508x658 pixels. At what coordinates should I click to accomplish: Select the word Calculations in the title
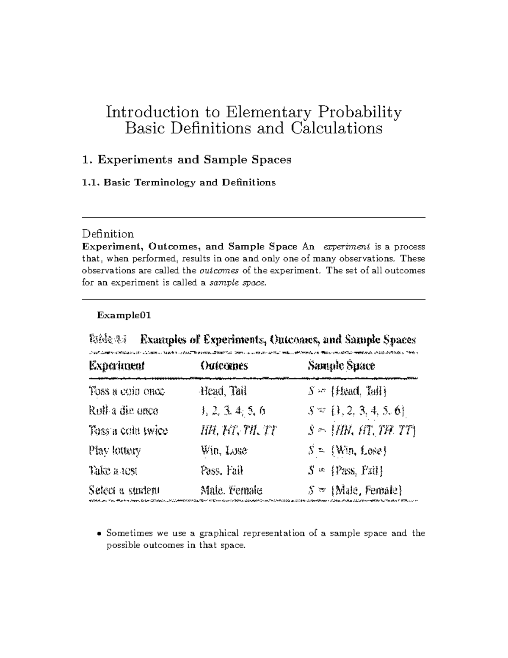coord(336,128)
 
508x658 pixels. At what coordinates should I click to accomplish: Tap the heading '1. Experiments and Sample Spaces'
coord(187,160)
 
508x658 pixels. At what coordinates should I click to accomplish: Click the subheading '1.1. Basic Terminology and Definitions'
coord(179,183)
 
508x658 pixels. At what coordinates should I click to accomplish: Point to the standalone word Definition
coord(108,233)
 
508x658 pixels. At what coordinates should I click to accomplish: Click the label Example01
coord(124,315)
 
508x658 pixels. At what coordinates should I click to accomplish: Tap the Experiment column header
coord(117,365)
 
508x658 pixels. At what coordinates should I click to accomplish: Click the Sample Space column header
coord(341,365)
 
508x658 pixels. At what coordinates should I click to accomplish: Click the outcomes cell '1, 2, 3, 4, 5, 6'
coord(233,411)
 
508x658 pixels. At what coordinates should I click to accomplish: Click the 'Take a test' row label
coord(113,470)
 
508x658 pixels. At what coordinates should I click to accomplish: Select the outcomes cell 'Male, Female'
coord(231,491)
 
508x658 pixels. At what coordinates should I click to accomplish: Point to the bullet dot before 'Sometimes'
coord(99,534)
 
